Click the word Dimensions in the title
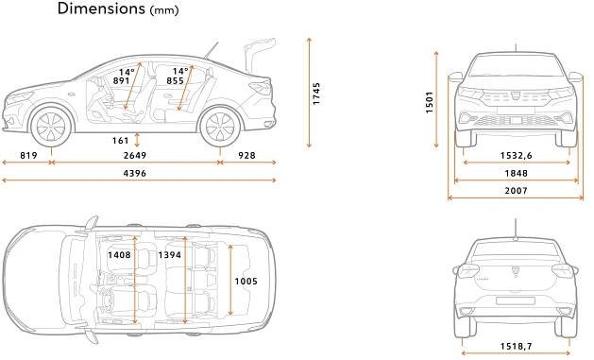[x=101, y=9]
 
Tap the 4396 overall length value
[x=135, y=173]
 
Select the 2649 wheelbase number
[x=135, y=155]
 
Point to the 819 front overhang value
[x=28, y=155]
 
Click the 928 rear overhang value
[x=246, y=155]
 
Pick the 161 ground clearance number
[x=121, y=141]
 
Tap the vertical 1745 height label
[x=316, y=94]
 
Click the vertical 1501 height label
[x=430, y=102]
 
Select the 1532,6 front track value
[x=516, y=155]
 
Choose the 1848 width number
[x=516, y=173]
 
